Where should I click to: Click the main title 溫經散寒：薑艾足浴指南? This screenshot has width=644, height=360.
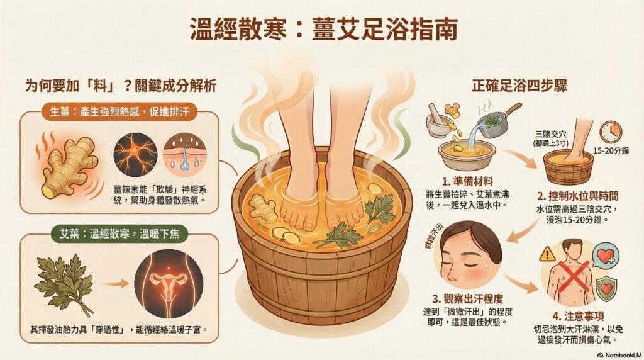324,29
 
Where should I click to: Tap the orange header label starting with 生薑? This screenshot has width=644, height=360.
119,111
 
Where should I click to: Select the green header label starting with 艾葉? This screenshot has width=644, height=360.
119,234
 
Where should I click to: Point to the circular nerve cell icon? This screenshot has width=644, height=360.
135,155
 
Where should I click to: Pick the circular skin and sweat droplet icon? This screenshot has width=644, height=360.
185,155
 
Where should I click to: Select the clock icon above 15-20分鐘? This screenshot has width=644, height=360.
611,132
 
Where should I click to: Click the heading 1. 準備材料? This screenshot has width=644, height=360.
467,181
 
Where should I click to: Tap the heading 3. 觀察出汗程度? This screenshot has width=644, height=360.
467,298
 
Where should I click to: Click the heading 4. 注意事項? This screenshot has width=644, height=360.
578,316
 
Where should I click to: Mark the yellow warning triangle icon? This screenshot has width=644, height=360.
547,254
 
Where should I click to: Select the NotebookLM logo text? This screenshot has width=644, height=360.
619,355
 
